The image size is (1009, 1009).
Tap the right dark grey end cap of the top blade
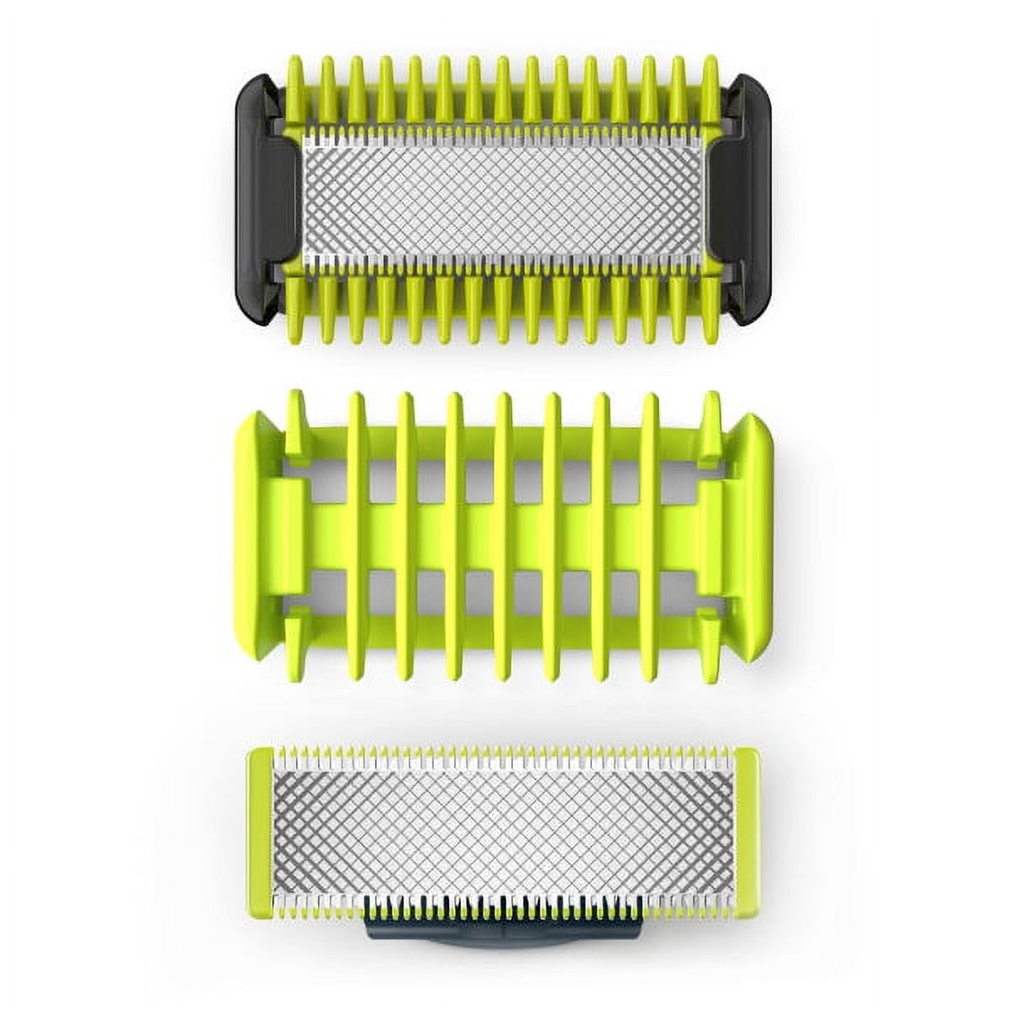[750, 193]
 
